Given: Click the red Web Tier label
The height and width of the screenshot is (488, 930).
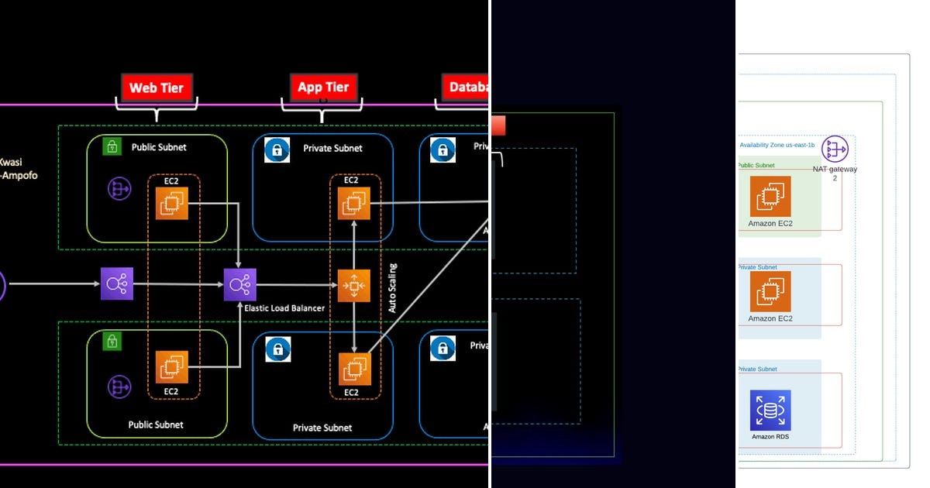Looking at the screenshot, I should [x=156, y=88].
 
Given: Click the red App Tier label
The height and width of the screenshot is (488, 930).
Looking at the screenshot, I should [x=323, y=88].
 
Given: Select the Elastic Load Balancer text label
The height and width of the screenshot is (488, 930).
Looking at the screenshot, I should [x=284, y=308].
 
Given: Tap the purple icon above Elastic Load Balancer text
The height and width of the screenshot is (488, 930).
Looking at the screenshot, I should [x=239, y=284].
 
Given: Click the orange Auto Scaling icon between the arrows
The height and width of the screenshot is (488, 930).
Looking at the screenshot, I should [x=353, y=286].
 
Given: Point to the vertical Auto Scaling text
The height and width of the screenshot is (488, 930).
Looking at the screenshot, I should [x=392, y=288].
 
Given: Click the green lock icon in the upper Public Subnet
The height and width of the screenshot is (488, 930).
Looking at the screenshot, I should [x=112, y=146].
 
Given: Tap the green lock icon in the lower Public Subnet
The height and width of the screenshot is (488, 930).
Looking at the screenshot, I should [x=112, y=341].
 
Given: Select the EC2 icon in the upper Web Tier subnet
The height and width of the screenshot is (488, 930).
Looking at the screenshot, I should [x=171, y=203].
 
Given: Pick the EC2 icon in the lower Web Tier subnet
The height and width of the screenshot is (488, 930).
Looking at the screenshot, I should [x=171, y=367].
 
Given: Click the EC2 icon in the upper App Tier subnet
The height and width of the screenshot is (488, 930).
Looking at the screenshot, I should [x=354, y=203].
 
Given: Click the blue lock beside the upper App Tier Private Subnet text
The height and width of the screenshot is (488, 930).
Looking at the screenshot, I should [x=277, y=149].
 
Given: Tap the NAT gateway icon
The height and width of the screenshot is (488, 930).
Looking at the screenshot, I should [x=835, y=149].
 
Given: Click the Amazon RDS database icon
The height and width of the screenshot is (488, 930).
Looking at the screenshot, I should [x=770, y=410].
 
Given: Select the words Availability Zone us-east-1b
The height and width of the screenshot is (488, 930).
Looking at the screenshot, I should [x=777, y=145].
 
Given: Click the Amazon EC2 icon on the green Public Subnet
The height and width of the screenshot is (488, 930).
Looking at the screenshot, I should [x=770, y=196].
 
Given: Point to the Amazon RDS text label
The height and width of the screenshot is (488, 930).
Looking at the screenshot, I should [x=770, y=437].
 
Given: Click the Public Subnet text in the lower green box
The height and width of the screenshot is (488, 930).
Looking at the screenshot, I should [x=156, y=424].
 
